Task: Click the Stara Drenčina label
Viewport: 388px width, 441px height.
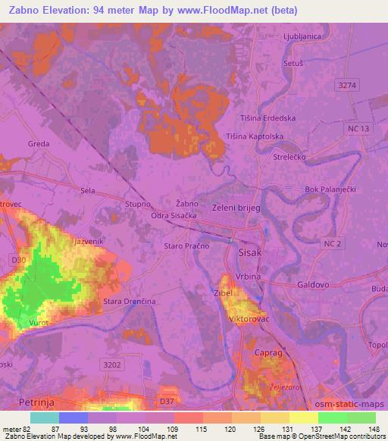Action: tap(129, 302)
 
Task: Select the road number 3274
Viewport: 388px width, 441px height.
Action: tap(348, 87)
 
